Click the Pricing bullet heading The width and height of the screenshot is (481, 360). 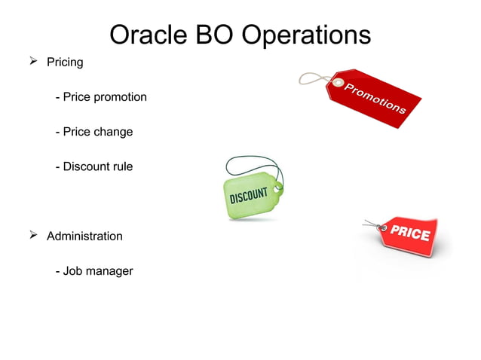tap(65, 63)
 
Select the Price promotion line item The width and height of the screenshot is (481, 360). tap(101, 97)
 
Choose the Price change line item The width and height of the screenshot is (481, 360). tap(94, 132)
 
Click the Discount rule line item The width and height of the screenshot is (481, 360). tap(94, 166)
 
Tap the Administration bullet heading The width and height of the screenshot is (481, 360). tap(84, 236)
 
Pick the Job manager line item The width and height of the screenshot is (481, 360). tap(94, 270)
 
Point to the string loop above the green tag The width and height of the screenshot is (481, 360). tap(253, 166)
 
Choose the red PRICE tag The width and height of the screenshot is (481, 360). tap(411, 235)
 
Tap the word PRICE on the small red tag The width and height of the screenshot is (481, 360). tap(410, 233)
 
